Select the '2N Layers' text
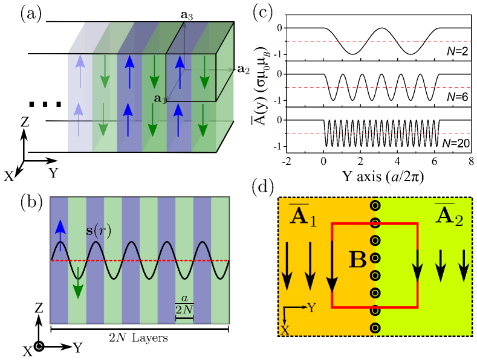point(139,339)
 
